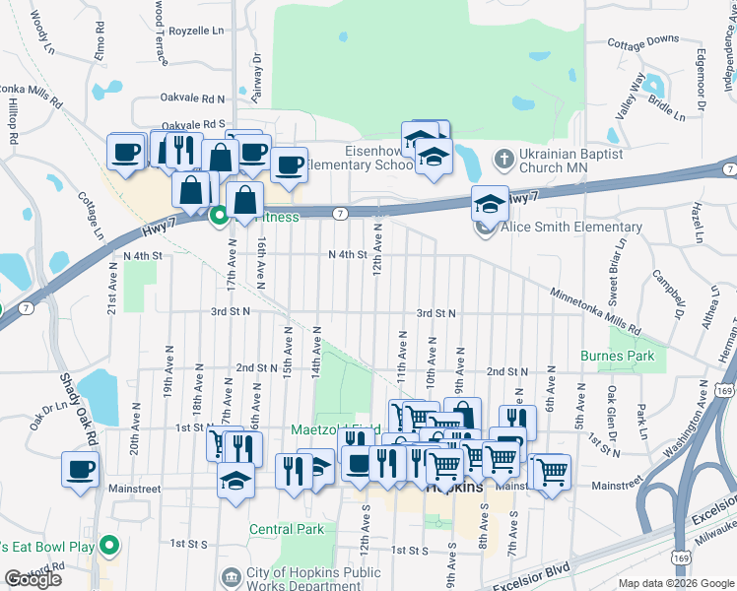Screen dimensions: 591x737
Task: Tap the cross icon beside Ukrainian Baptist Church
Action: [x=503, y=159]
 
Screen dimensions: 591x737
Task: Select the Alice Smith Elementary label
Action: [x=570, y=228]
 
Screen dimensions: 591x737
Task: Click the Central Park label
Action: [x=287, y=529]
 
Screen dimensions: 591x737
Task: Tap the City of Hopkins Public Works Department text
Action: [x=313, y=578]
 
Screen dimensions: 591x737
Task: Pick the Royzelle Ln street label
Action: [x=197, y=31]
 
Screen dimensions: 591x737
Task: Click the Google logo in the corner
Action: [x=33, y=578]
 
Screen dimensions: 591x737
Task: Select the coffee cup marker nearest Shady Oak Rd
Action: [x=80, y=470]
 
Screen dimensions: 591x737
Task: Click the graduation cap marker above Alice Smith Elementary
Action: [x=490, y=203]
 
